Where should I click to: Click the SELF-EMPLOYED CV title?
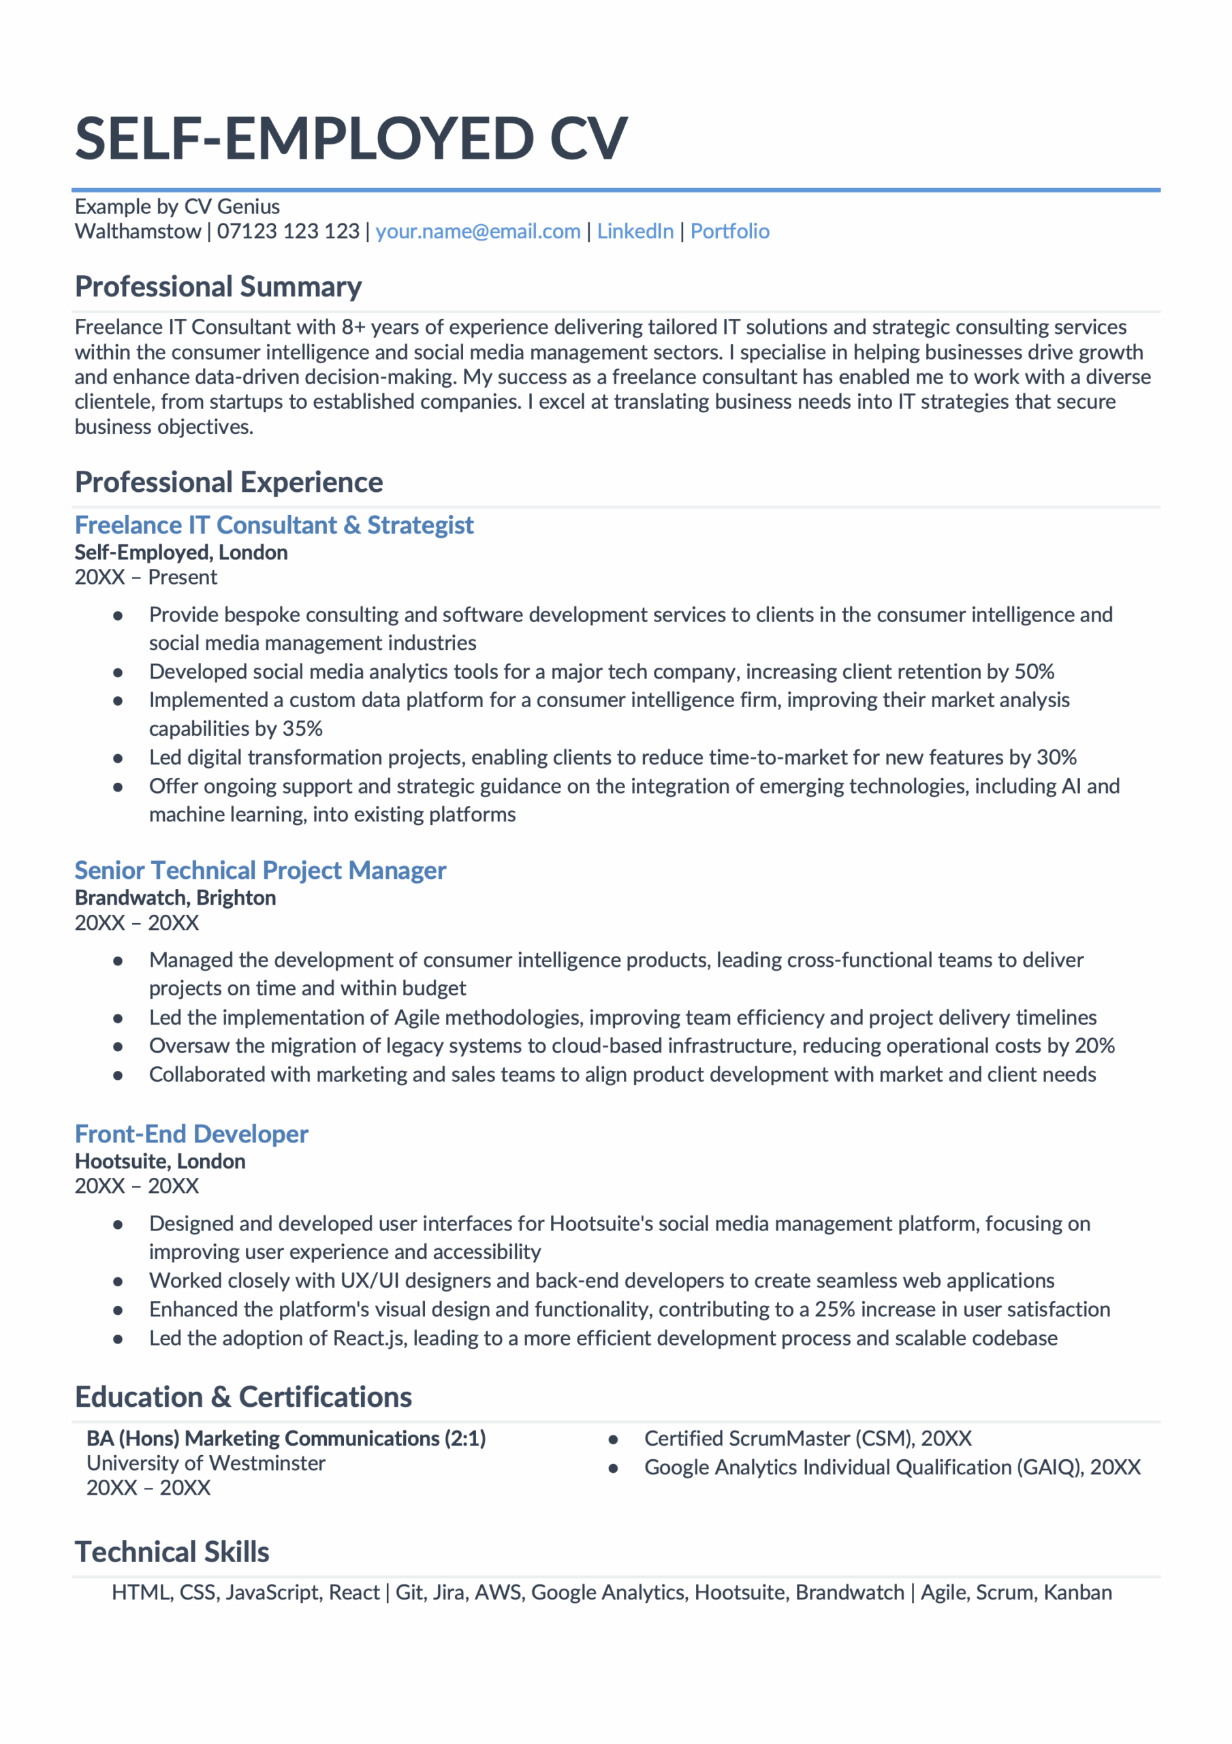(351, 139)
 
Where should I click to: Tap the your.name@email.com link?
(478, 231)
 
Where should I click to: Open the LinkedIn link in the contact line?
(635, 231)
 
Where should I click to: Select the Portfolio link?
(729, 231)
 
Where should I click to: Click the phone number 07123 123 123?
(288, 231)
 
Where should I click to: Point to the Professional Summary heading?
(218, 287)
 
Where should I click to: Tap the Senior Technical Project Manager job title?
(259, 870)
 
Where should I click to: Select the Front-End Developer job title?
(191, 1134)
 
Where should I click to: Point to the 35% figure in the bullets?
(302, 728)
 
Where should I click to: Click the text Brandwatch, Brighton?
(176, 898)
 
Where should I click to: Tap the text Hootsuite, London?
(160, 1162)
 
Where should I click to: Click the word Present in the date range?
(183, 577)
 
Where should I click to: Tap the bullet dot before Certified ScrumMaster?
(613, 1439)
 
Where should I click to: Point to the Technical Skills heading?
(172, 1552)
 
